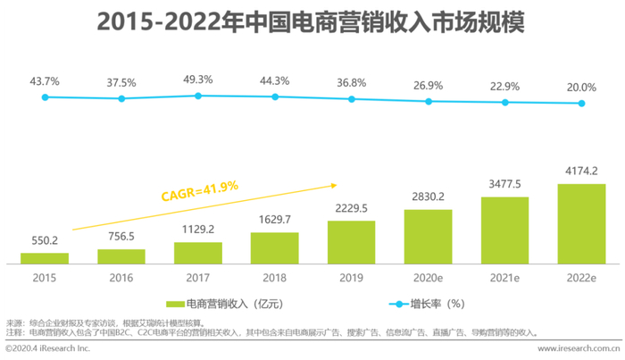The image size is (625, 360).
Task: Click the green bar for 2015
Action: (45, 258)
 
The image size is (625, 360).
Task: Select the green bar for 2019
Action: (351, 242)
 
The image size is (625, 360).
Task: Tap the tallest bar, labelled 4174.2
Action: (581, 224)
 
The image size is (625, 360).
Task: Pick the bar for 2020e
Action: (428, 237)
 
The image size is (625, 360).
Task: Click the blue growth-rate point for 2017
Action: (198, 96)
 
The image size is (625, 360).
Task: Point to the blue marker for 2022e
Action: (581, 104)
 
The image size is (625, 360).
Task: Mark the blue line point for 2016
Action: (121, 98)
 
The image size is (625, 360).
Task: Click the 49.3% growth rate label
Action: (198, 80)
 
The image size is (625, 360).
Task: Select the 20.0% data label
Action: (581, 88)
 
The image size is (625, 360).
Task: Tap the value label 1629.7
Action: (275, 219)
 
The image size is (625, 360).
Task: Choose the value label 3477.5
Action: (504, 184)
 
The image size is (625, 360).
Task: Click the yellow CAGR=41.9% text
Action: (200, 191)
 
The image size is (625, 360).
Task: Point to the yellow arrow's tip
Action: (337, 185)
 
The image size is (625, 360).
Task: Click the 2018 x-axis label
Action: (275, 278)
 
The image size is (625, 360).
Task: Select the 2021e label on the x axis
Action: (504, 278)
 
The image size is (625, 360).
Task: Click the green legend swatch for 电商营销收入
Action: (175, 305)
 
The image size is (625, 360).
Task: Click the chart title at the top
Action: (311, 21)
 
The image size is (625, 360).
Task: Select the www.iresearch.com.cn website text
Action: (579, 348)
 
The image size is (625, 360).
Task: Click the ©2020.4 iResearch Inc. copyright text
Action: (48, 348)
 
